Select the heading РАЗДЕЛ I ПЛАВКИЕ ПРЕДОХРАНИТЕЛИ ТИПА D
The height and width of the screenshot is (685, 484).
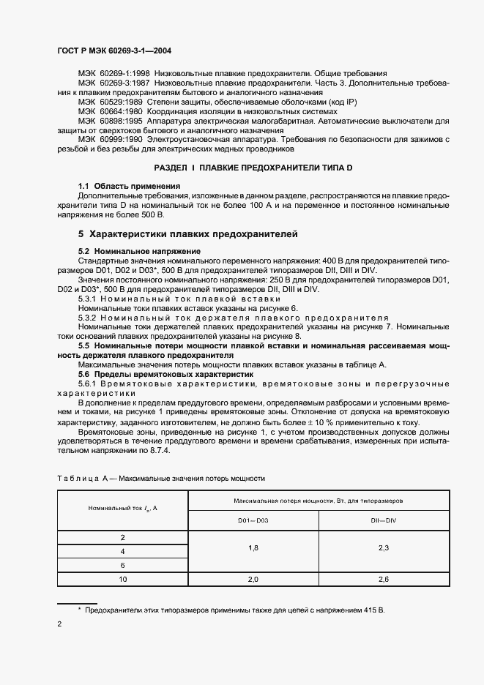point(253,168)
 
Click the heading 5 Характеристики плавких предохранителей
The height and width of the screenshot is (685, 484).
point(188,234)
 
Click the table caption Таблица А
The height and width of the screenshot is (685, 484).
point(161,478)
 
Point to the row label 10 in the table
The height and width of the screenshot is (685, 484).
point(123,579)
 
